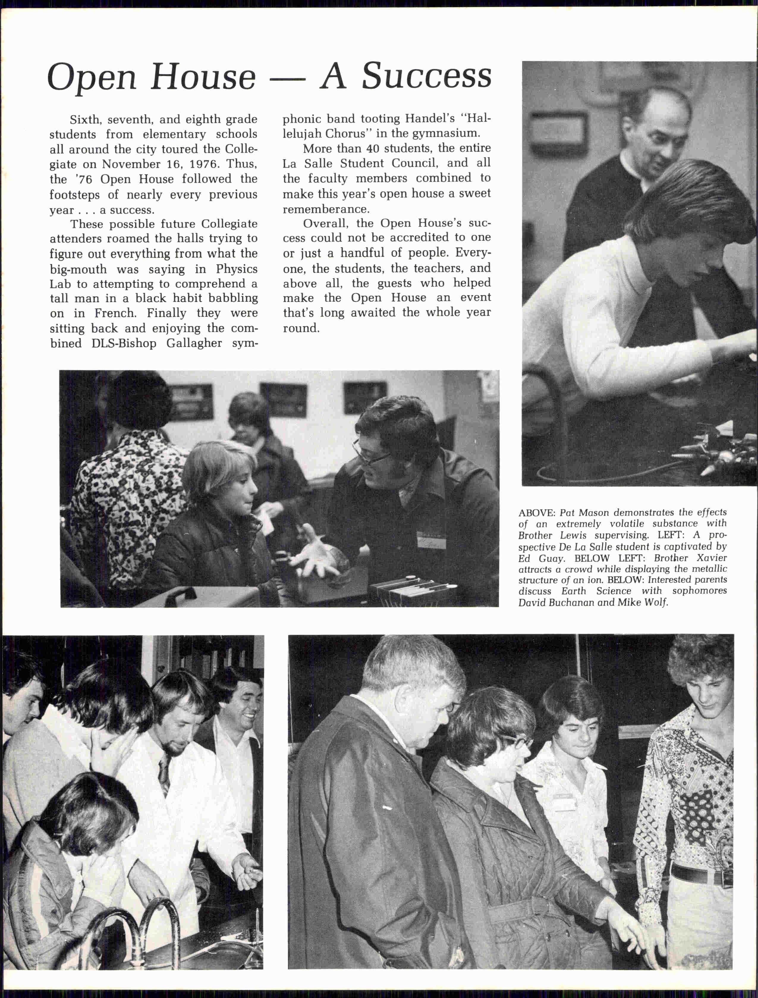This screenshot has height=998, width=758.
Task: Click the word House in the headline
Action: (x=203, y=77)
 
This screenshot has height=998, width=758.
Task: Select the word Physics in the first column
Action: (x=236, y=269)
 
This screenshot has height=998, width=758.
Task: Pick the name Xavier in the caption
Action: (x=712, y=558)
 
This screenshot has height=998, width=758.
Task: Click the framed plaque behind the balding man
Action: (x=558, y=127)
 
